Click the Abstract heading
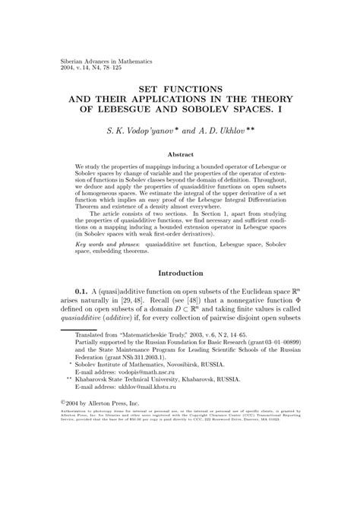tap(180, 153)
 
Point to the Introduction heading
tap(180, 273)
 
